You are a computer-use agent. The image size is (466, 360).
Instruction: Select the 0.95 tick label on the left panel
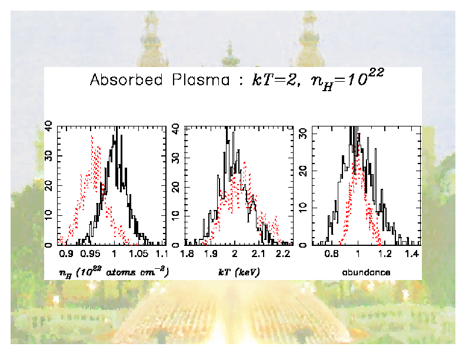tap(91, 254)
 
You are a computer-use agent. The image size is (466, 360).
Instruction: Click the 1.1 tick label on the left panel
tap(161, 254)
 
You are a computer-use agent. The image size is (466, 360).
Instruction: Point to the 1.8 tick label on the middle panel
tap(187, 254)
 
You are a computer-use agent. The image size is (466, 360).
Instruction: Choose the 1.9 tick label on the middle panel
tap(211, 254)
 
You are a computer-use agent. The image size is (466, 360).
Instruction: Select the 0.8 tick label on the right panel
tap(332, 254)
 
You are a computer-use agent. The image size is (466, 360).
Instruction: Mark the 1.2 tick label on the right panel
tap(385, 254)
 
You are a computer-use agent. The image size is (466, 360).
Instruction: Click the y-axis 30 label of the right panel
tap(303, 134)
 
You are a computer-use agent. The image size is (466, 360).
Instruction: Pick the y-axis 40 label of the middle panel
tap(175, 158)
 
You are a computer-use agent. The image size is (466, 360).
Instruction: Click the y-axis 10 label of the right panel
tap(303, 208)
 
